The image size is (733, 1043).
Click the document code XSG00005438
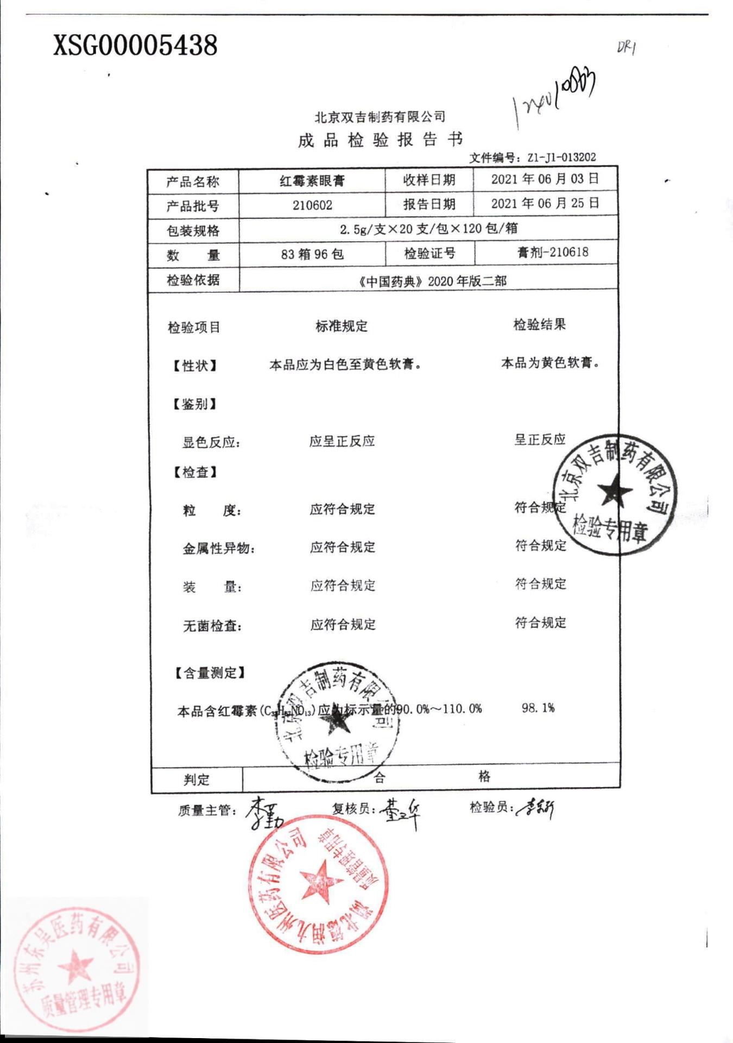click(135, 45)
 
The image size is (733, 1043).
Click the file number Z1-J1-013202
click(561, 158)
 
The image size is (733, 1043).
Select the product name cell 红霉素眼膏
click(312, 181)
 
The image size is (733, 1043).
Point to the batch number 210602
click(312, 205)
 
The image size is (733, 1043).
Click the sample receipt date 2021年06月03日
click(545, 179)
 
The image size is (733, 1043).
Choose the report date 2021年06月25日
click(545, 204)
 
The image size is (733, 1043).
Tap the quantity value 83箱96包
click(312, 254)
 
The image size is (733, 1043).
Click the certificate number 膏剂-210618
click(553, 252)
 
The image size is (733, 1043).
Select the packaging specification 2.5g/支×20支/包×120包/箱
click(428, 229)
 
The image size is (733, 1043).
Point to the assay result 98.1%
click(538, 708)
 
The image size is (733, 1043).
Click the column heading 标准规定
click(342, 326)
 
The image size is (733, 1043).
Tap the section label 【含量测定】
click(210, 673)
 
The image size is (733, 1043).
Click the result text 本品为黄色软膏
click(550, 362)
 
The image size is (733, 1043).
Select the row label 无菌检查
click(212, 626)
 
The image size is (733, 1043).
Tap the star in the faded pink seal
click(75, 967)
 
